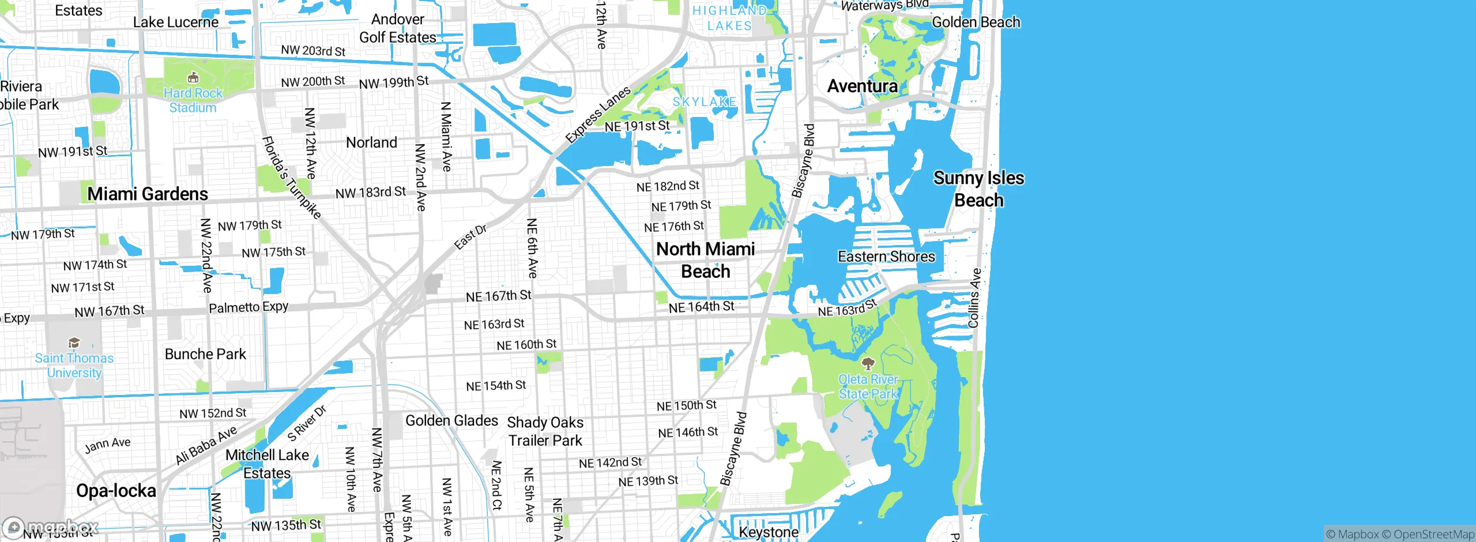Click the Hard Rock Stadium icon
click(193, 77)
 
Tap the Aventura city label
click(862, 86)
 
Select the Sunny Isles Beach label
click(978, 189)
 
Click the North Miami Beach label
click(705, 260)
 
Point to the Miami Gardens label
click(148, 194)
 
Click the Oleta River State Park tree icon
click(868, 363)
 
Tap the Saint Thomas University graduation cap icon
click(74, 343)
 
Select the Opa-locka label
click(116, 491)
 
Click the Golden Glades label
click(451, 420)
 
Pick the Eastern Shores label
click(886, 257)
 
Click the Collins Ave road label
click(974, 298)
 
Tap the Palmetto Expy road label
click(248, 307)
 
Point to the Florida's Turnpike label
click(291, 178)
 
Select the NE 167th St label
click(499, 296)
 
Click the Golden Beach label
click(976, 22)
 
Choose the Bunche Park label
click(205, 354)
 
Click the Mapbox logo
click(51, 527)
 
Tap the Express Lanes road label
click(598, 115)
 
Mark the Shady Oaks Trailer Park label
click(545, 431)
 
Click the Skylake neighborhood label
click(705, 102)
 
